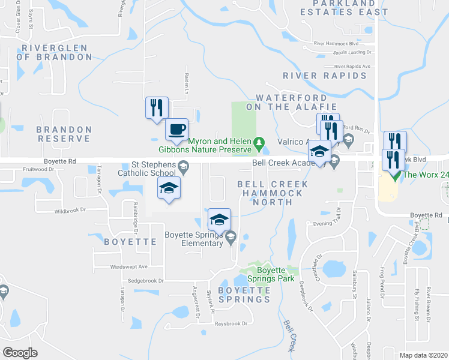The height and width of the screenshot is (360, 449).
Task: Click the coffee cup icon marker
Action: pos(176,130)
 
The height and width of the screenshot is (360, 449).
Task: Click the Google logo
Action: pos(19,353)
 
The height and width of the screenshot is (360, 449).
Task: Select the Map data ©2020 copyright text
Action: pos(423,355)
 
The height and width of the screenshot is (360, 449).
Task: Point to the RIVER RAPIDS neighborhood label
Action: pos(324,76)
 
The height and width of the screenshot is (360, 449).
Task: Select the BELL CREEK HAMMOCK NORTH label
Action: pos(273,193)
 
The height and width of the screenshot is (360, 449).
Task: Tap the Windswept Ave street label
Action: pos(128,266)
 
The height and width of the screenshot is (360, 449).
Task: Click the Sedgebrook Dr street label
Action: pos(145,281)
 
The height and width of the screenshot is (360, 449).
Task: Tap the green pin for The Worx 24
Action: pos(394,175)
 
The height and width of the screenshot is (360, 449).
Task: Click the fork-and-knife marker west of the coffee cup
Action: pos(156,109)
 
